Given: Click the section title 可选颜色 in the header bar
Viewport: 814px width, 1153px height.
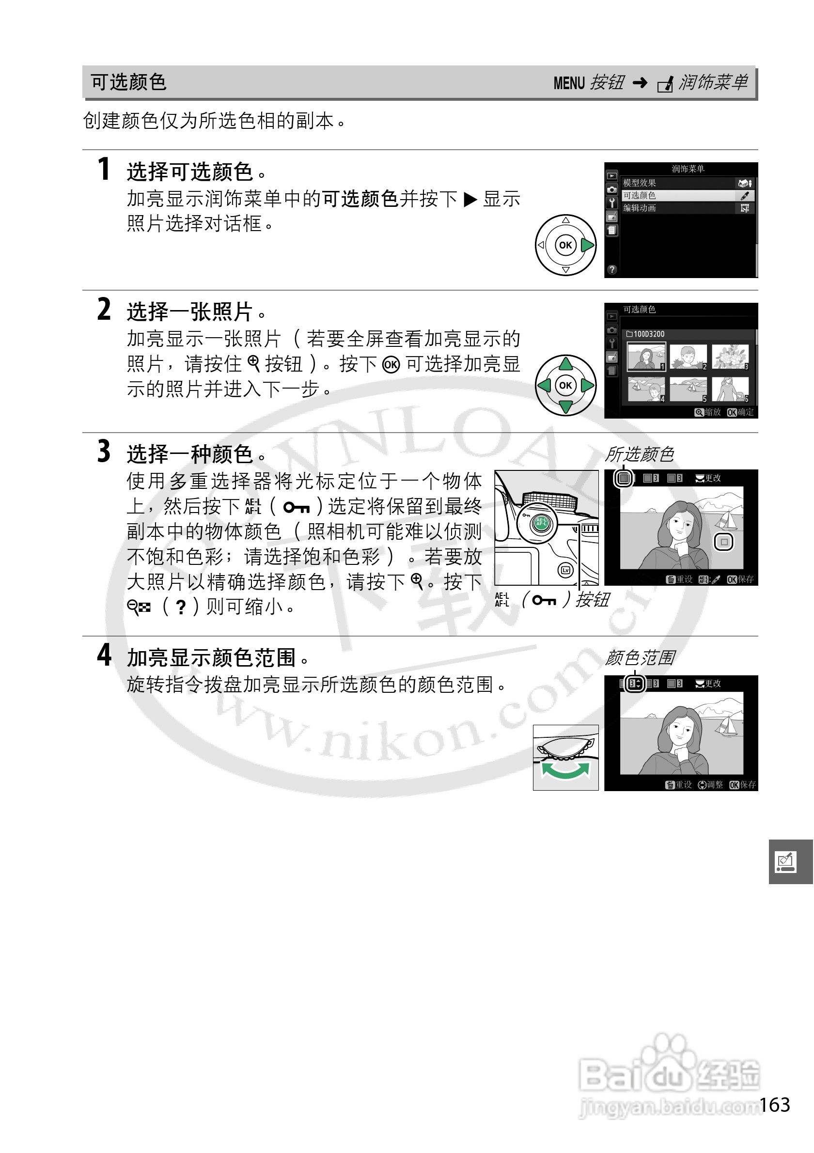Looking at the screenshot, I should (x=128, y=82).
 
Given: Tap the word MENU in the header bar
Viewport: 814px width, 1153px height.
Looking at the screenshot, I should (x=569, y=83).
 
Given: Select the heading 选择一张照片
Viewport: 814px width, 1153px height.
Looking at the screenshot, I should (x=190, y=312).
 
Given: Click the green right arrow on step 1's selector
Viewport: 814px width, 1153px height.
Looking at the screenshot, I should (x=587, y=245).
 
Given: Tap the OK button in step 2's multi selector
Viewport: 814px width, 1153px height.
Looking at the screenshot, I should (x=565, y=385).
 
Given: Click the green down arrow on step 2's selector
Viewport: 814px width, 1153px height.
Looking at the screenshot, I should (x=565, y=406).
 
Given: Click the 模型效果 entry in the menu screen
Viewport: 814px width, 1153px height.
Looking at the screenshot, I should (x=640, y=183).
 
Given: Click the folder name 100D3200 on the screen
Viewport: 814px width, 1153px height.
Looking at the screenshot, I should (x=648, y=334).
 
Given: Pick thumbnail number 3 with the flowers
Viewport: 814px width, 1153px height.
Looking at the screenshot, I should (x=730, y=357).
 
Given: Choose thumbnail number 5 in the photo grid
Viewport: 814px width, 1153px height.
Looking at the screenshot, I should (x=688, y=389).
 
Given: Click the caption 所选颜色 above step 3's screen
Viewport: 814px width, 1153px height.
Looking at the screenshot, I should (x=639, y=454).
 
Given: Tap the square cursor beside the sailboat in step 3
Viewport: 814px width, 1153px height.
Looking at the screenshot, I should (x=723, y=542).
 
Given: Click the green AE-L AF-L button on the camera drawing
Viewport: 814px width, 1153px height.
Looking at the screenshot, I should (x=541, y=523).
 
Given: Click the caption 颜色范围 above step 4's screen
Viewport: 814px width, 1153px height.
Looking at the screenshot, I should (x=640, y=657).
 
